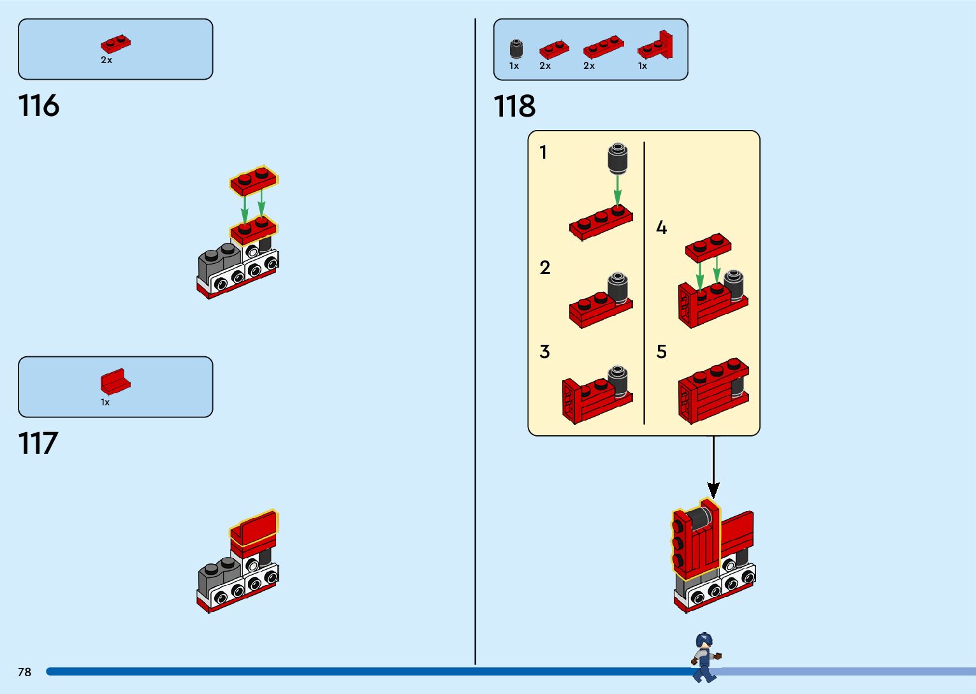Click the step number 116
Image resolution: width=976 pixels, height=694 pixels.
pyautogui.click(x=39, y=106)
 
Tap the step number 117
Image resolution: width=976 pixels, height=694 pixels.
pyautogui.click(x=38, y=444)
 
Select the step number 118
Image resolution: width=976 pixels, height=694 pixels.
pyautogui.click(x=514, y=106)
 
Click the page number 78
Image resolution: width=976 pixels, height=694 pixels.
pyautogui.click(x=24, y=672)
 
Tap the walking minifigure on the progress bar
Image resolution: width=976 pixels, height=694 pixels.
pyautogui.click(x=705, y=657)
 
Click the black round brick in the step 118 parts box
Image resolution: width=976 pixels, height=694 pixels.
pyautogui.click(x=516, y=48)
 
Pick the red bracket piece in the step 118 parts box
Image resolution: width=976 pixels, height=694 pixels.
pyautogui.click(x=656, y=45)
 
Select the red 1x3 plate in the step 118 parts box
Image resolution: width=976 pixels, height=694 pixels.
pyautogui.click(x=603, y=46)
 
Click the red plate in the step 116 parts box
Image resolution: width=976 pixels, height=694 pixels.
pyautogui.click(x=115, y=43)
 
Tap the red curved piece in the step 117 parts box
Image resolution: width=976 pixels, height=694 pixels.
pyautogui.click(x=115, y=382)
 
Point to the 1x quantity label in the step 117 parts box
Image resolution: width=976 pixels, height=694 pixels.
pyautogui.click(x=105, y=402)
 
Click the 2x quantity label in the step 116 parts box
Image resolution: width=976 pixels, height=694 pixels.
pyautogui.click(x=106, y=60)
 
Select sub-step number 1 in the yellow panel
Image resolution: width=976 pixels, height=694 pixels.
pyautogui.click(x=543, y=152)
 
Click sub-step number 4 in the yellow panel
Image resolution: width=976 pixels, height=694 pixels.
pyautogui.click(x=662, y=228)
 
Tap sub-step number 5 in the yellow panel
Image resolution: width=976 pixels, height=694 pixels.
pyautogui.click(x=662, y=352)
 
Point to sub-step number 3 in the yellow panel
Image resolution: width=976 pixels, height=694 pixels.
pyautogui.click(x=544, y=352)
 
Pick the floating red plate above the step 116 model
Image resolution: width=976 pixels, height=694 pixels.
pyautogui.click(x=254, y=180)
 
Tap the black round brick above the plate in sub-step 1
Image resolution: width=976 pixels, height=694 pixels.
pyautogui.click(x=617, y=158)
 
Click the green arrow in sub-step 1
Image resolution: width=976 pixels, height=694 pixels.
pyautogui.click(x=617, y=190)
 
